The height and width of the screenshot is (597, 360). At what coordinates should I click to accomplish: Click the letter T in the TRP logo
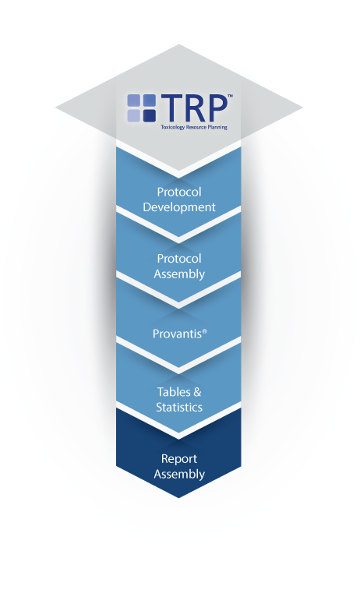pos(171,108)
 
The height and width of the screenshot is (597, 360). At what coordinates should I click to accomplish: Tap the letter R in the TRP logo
pos(194,108)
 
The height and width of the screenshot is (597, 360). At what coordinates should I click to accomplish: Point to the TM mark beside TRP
pos(230,96)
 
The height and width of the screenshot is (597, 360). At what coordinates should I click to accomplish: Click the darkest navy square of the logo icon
pos(149,115)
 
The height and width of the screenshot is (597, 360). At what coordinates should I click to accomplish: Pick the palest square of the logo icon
pos(134,115)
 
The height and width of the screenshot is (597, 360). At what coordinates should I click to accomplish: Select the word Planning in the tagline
pos(217,127)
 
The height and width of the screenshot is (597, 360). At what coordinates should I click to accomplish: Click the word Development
pos(179,207)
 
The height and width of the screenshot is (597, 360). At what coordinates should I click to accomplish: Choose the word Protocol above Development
pos(179,192)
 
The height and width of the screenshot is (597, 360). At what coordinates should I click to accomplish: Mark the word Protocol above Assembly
pos(179,259)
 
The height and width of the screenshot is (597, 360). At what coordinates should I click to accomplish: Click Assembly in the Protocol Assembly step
pos(179,274)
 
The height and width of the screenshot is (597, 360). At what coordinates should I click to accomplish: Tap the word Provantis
pos(177,334)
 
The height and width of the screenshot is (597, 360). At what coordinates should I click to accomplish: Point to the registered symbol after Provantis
pos(205,331)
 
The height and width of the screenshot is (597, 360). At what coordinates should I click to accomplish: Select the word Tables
pos(174,392)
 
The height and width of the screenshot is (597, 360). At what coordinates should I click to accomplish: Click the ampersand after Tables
pos(197,392)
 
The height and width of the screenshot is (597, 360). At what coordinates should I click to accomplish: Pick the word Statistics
pos(179,408)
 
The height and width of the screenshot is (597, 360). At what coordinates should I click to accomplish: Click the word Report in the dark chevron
pos(179,459)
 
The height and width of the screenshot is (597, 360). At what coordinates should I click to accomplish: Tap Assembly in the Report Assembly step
pos(179,475)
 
